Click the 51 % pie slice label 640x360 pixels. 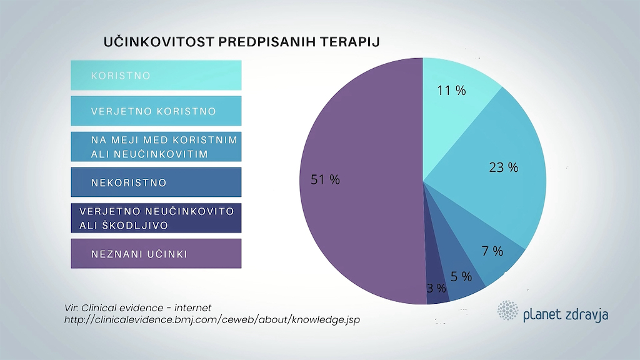click(325, 180)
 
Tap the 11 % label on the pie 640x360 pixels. click(451, 91)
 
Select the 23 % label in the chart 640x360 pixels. click(504, 167)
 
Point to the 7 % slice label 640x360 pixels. click(492, 251)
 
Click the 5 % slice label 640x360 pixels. click(461, 276)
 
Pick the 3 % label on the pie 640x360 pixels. click(436, 288)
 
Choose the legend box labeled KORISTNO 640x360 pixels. click(156, 76)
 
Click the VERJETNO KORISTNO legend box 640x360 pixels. click(156, 111)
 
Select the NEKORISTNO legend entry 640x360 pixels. click(156, 182)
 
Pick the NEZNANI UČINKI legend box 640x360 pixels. click(156, 254)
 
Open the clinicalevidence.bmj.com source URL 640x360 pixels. click(212, 320)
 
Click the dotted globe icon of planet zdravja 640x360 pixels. click(507, 311)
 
